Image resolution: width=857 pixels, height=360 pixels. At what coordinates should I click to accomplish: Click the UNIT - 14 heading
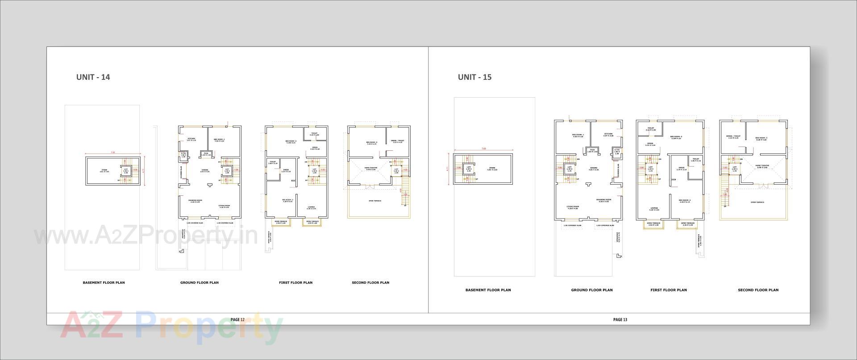93,77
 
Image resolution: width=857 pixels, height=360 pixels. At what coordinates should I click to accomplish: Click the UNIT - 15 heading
474,77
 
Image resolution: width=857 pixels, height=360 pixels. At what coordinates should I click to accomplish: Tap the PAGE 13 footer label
620,319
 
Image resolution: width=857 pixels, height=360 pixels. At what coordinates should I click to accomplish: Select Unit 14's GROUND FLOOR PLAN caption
200,282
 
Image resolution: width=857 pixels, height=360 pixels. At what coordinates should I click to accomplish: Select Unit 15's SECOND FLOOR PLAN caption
758,290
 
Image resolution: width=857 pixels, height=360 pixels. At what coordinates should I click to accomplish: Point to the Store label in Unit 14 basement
104,170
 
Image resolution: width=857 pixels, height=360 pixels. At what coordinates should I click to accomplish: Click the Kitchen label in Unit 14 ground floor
191,139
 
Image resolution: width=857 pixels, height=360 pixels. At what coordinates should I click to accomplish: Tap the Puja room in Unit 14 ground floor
206,154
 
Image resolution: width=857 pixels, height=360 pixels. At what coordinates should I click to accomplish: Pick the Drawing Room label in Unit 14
195,201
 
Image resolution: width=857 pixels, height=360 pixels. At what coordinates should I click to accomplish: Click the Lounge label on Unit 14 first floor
311,207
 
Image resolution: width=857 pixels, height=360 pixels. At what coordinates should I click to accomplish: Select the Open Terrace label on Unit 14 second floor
374,201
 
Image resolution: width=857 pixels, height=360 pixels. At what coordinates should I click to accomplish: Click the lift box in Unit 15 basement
469,169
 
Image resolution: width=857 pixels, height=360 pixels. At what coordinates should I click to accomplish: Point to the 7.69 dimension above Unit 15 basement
483,149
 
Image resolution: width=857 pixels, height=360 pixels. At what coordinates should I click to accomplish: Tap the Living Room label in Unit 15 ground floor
573,207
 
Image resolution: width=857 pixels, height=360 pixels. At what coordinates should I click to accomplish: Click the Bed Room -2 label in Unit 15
685,201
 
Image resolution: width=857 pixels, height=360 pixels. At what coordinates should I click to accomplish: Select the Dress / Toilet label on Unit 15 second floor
733,137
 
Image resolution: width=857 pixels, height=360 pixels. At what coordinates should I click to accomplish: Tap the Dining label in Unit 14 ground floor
205,170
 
